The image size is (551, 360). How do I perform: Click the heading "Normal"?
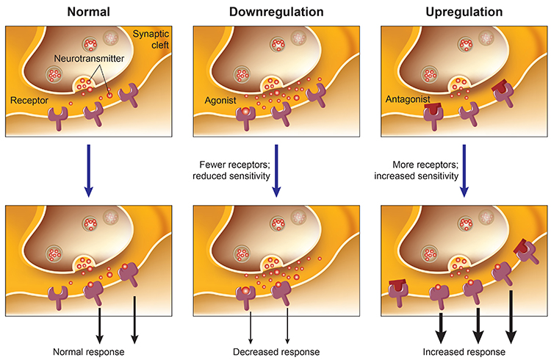pyautogui.click(x=87, y=12)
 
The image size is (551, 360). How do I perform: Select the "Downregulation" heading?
pyautogui.click(x=275, y=12)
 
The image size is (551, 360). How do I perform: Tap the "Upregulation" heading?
pyautogui.click(x=462, y=12)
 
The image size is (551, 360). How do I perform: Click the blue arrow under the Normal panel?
pyautogui.click(x=87, y=170)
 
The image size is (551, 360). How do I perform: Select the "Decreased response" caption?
pyautogui.click(x=275, y=351)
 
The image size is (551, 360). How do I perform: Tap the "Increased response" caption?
pyautogui.click(x=464, y=351)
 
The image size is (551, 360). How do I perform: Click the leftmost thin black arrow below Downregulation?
pyautogui.click(x=251, y=324)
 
